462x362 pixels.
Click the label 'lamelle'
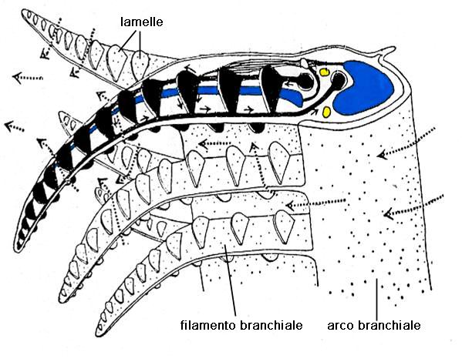pyautogui.click(x=141, y=22)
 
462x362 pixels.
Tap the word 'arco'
pyautogui.click(x=341, y=326)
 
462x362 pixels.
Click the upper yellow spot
pyautogui.click(x=324, y=72)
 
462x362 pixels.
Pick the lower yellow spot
pyautogui.click(x=326, y=112)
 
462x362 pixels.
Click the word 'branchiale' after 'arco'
pyautogui.click(x=389, y=325)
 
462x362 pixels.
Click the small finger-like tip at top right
pyautogui.click(x=388, y=51)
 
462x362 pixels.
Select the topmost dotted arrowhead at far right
pyautogui.click(x=383, y=154)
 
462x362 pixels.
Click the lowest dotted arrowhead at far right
pyautogui.click(x=389, y=213)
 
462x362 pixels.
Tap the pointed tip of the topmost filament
pyautogui.click(x=24, y=12)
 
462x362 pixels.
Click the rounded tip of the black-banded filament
pyautogui.click(x=17, y=248)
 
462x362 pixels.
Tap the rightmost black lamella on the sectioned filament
pyautogui.click(x=270, y=89)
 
